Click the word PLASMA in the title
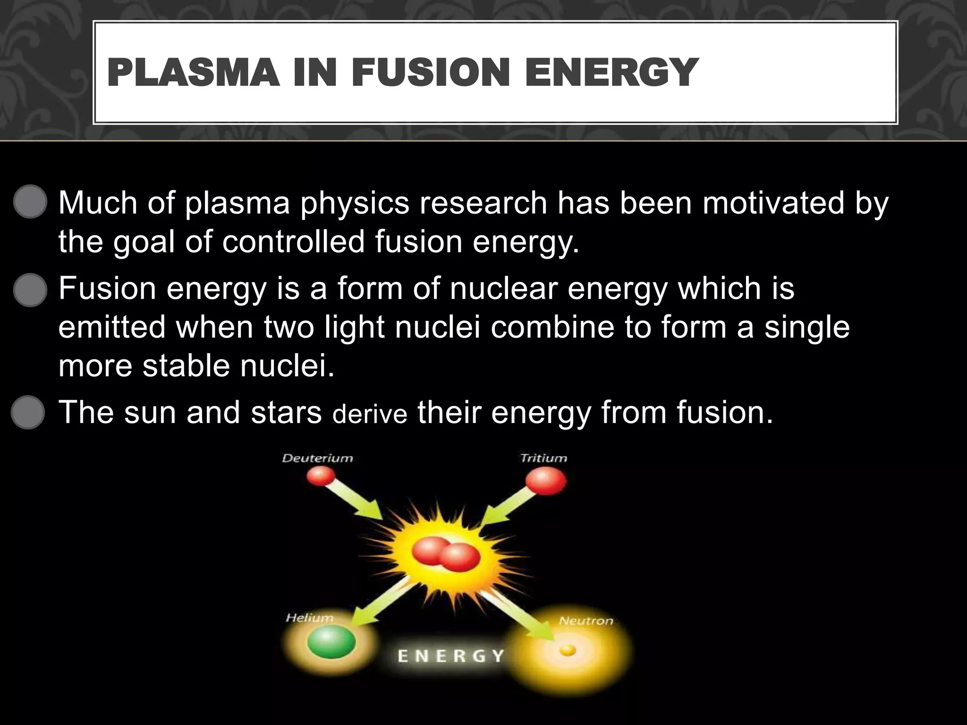(x=193, y=73)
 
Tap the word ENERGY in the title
(x=611, y=73)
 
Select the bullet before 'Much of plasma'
(x=30, y=202)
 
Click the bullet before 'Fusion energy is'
(x=30, y=289)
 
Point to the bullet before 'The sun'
(x=28, y=412)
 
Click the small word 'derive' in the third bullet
(x=370, y=414)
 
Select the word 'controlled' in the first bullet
(x=293, y=242)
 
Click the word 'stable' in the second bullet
(x=186, y=365)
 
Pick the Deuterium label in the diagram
(x=317, y=458)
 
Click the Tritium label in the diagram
(x=543, y=458)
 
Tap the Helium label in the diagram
(x=310, y=618)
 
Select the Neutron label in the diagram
(x=586, y=621)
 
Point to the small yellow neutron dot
(x=568, y=651)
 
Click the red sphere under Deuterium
(x=321, y=477)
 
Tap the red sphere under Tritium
(x=546, y=482)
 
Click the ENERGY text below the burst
(x=451, y=656)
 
